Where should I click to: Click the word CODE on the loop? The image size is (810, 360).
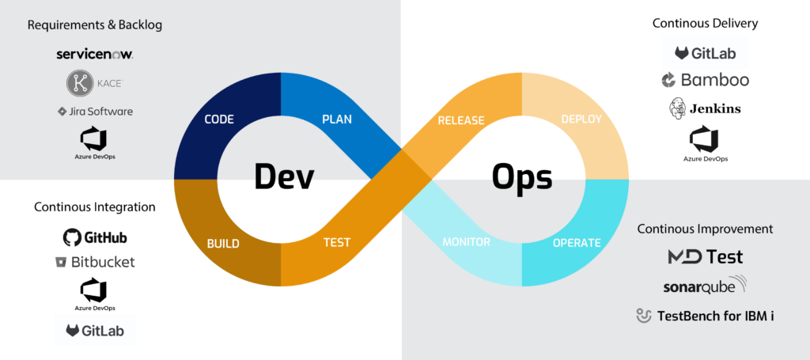(x=219, y=119)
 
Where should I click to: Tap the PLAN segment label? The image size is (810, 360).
(x=337, y=119)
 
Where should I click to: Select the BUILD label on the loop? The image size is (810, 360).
(x=223, y=244)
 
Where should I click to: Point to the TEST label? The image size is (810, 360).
(x=337, y=242)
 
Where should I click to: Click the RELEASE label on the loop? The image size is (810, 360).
(x=461, y=121)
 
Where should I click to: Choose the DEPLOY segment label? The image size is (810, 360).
(x=581, y=119)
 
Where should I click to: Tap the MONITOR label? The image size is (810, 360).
(x=467, y=242)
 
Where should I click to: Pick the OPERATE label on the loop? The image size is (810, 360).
(x=577, y=243)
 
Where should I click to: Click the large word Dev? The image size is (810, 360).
(x=285, y=176)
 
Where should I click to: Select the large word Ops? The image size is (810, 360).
(x=522, y=178)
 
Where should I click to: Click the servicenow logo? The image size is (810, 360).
(x=96, y=55)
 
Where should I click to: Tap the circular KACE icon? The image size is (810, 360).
(x=79, y=83)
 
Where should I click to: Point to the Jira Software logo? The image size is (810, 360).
(x=95, y=111)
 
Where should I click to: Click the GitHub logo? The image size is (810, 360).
(x=95, y=237)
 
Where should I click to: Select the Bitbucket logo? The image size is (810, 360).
(x=95, y=263)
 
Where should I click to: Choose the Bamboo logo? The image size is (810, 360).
(x=705, y=80)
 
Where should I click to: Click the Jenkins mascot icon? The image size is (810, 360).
(x=677, y=108)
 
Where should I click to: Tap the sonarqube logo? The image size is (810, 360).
(x=705, y=285)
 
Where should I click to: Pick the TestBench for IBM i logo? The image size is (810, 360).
(x=705, y=316)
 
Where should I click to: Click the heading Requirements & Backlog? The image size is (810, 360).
(x=95, y=25)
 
